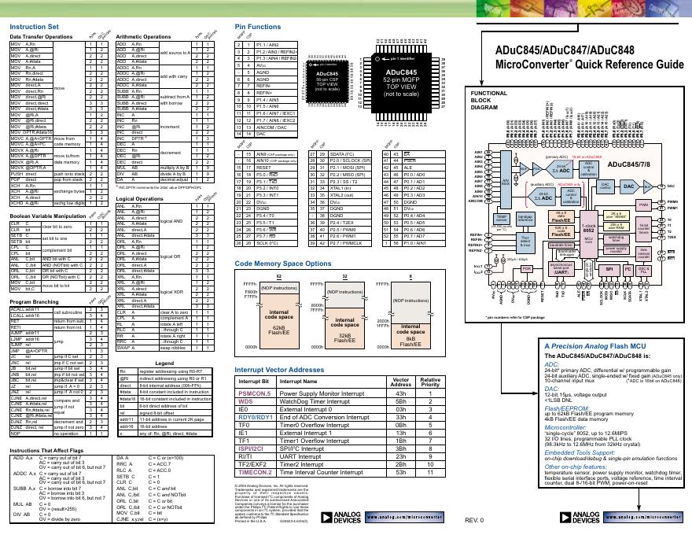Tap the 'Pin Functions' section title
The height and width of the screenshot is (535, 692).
253,27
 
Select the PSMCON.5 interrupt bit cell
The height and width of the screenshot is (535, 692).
254,393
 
